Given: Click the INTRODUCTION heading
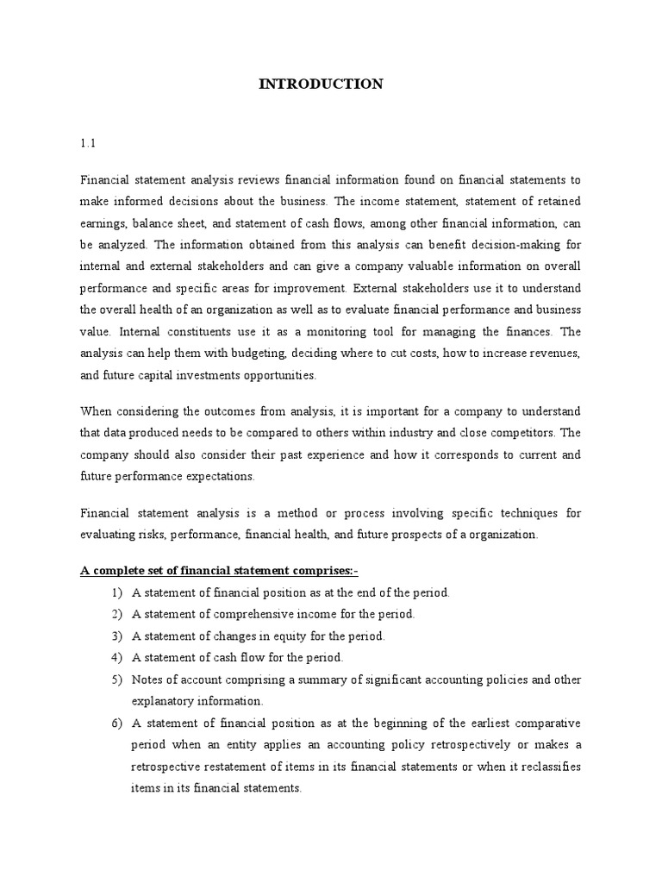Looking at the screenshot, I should point(322,84).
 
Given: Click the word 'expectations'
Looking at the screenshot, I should point(224,475).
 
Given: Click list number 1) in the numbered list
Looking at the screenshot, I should point(116,593).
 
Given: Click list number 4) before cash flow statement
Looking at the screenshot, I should point(116,658).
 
